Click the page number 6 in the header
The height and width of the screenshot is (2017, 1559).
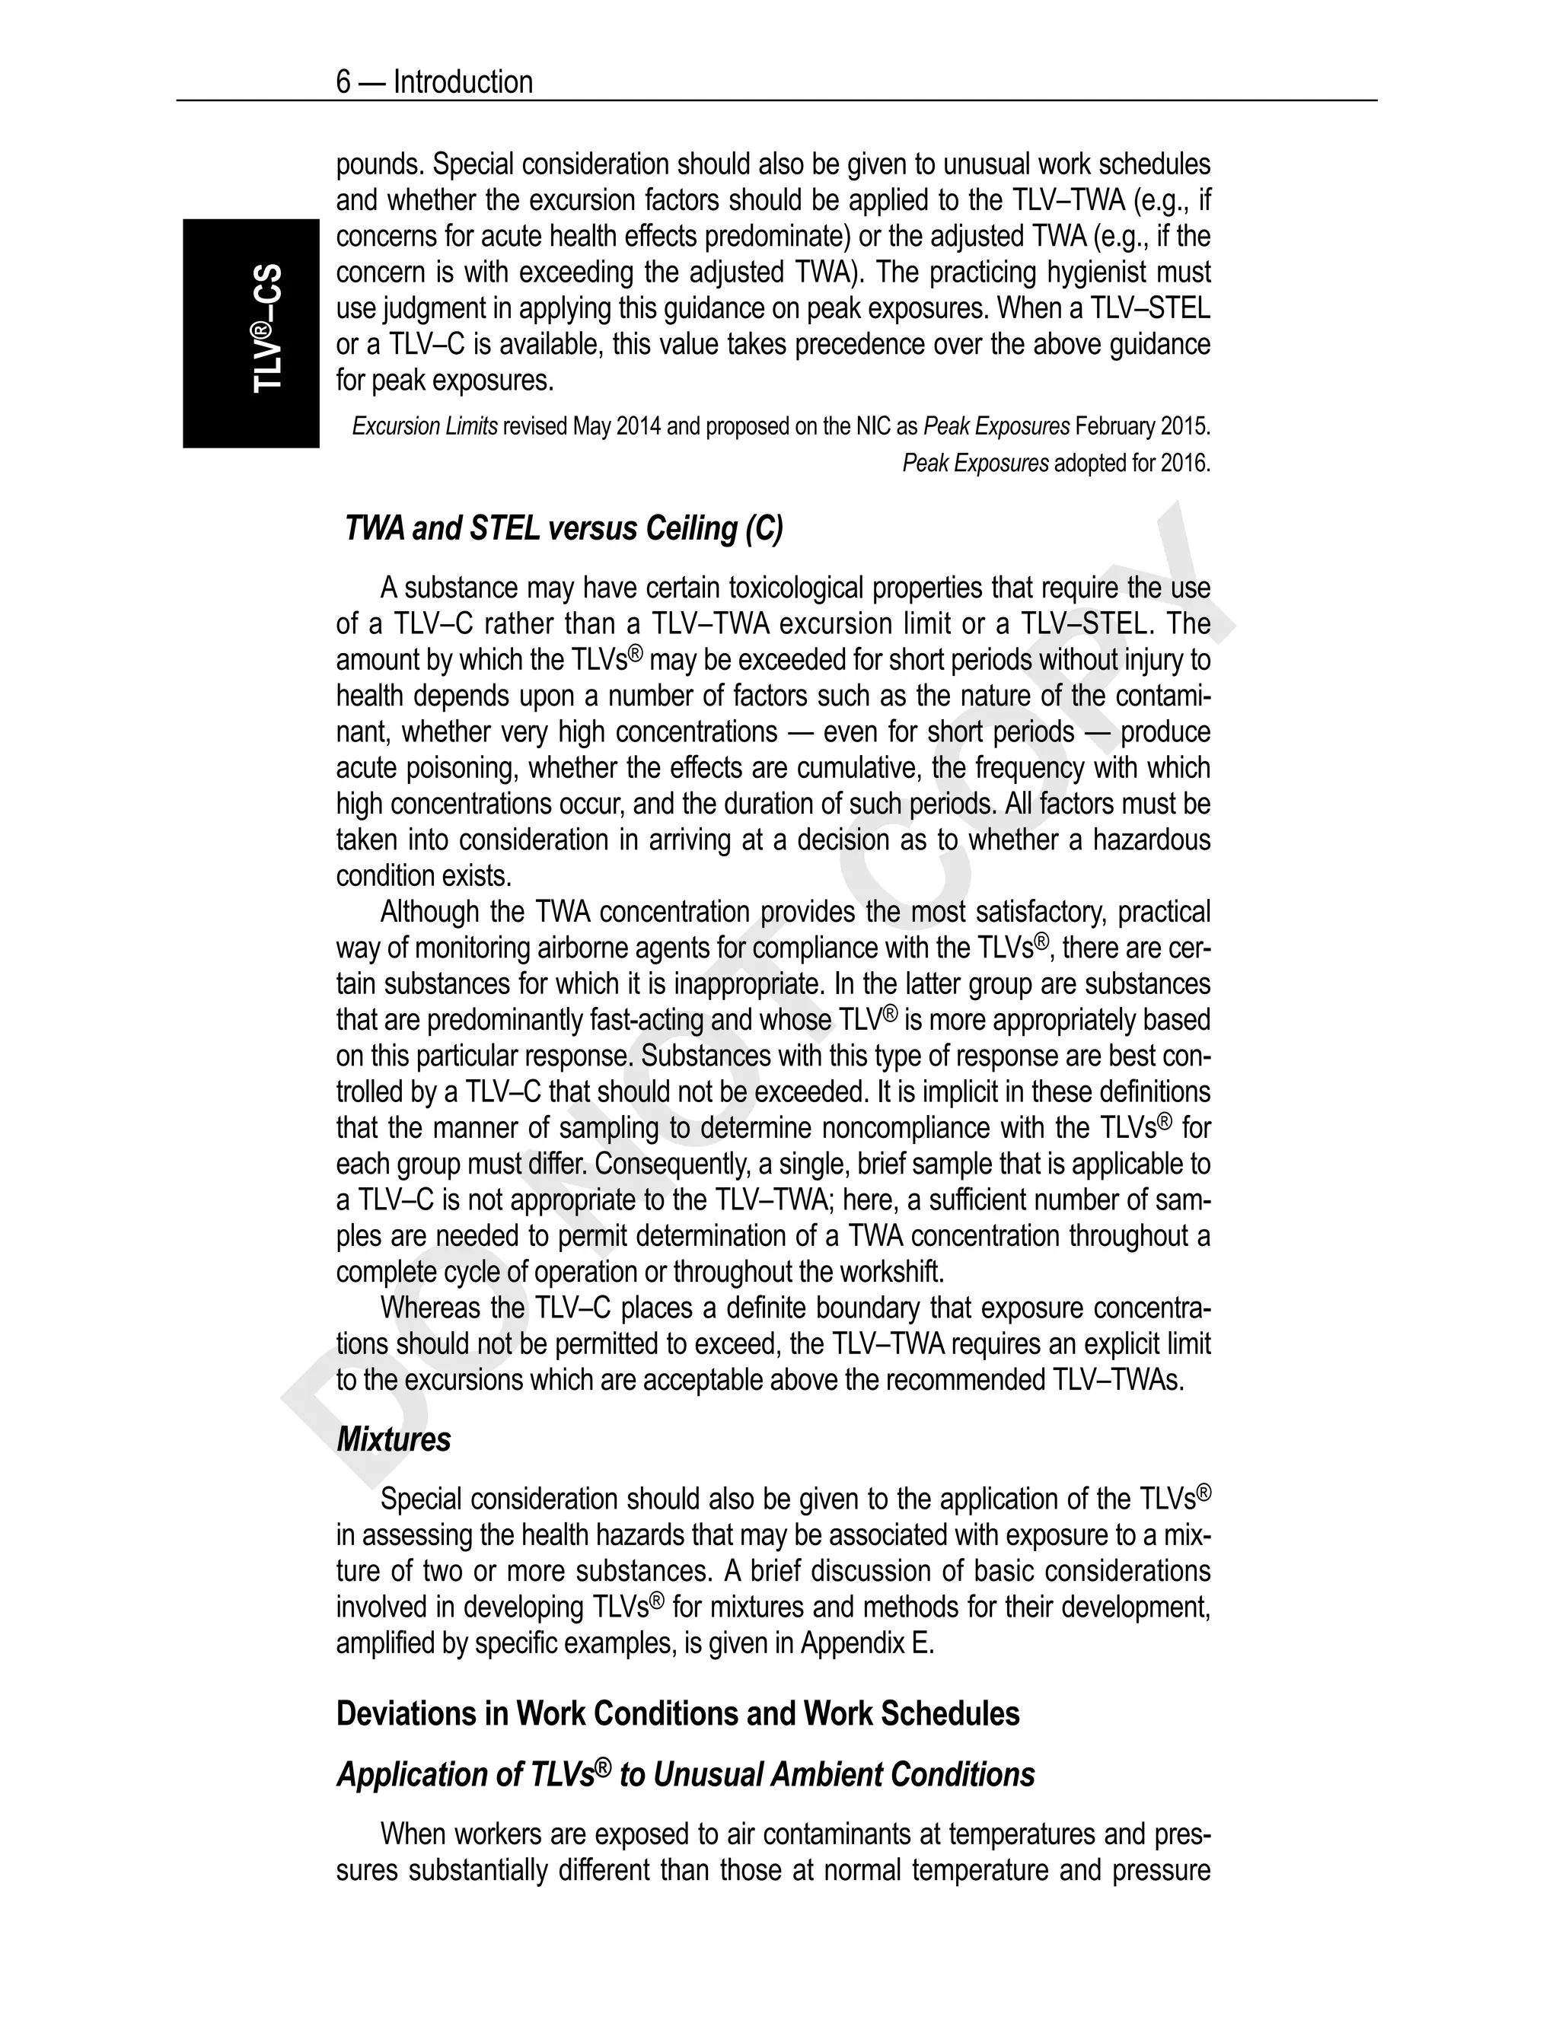click(x=343, y=82)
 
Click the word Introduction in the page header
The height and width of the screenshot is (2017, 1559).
click(x=463, y=82)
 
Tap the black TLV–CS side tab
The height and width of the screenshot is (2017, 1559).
click(x=251, y=333)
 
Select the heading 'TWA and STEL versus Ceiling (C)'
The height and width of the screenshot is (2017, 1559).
click(x=563, y=528)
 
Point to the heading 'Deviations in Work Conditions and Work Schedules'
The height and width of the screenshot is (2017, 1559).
click(x=677, y=1713)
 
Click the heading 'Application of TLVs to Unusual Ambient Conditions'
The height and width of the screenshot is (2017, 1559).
click(x=685, y=1774)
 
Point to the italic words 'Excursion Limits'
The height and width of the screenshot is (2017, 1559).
click(x=425, y=427)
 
